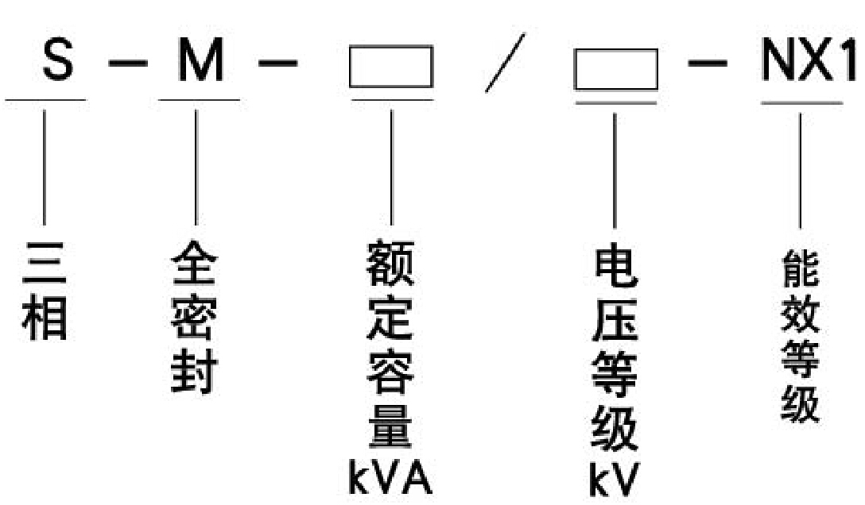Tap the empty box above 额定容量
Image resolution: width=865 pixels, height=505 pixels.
pyautogui.click(x=390, y=67)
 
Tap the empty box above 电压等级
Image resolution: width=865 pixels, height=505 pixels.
pyautogui.click(x=616, y=69)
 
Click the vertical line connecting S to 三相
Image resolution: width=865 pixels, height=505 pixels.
pyautogui.click(x=45, y=167)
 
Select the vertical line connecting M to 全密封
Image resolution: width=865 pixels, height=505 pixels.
pyautogui.click(x=196, y=167)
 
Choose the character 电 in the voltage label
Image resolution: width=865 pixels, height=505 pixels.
pyautogui.click(x=615, y=266)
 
